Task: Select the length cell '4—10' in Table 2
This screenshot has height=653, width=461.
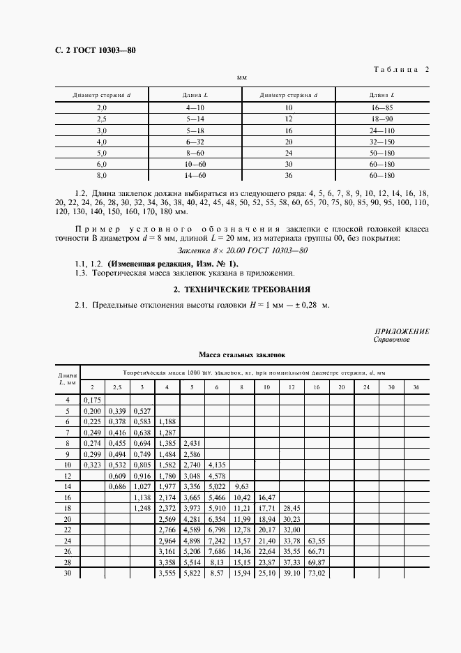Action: click(195, 108)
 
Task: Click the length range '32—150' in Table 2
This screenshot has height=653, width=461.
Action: click(382, 141)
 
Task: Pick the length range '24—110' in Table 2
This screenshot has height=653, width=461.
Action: click(382, 130)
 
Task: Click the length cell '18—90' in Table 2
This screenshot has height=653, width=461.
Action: click(382, 119)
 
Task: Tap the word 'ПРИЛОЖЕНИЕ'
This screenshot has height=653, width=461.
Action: click(402, 332)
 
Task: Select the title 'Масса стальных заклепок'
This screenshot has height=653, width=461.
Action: click(241, 355)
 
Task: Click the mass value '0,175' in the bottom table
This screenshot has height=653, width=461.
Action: click(92, 400)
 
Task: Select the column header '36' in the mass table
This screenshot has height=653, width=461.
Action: click(416, 386)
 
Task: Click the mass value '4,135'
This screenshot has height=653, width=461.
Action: click(216, 463)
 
